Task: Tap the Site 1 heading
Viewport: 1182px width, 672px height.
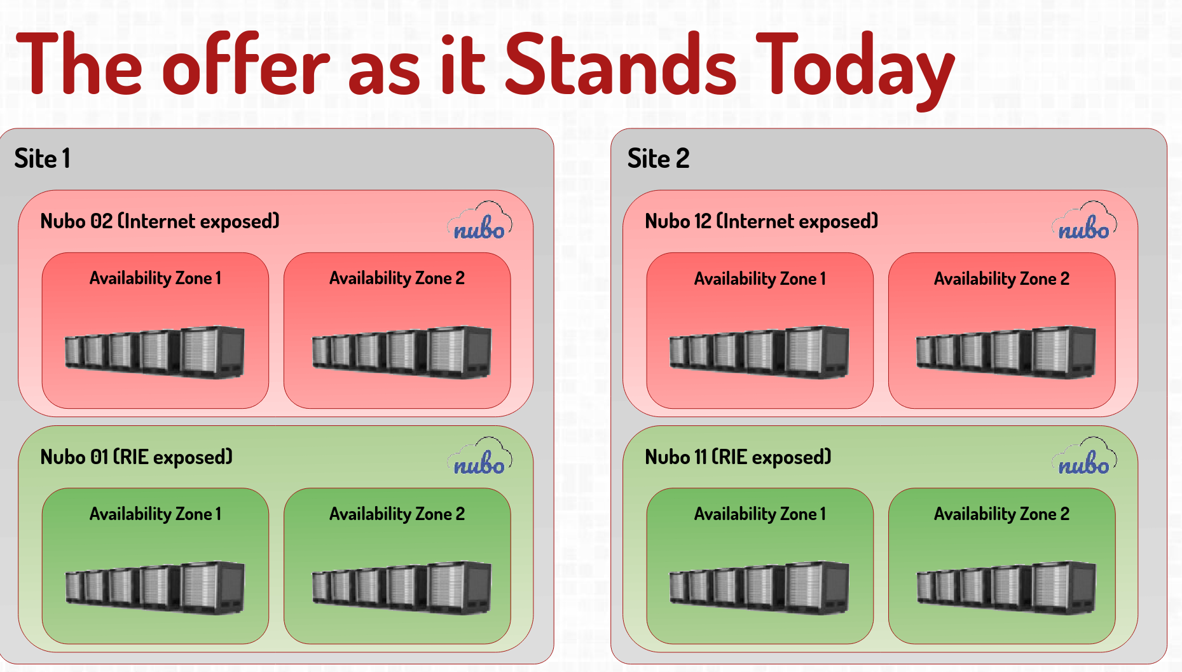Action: [x=42, y=158]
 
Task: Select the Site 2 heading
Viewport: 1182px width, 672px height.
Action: [x=658, y=158]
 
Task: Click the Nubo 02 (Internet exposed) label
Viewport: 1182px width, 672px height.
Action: [x=160, y=221]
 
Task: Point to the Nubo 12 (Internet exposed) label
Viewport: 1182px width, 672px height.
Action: [x=761, y=221]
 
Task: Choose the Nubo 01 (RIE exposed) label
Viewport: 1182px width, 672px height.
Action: [x=136, y=457]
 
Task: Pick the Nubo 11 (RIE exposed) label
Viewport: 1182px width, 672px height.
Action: [x=738, y=457]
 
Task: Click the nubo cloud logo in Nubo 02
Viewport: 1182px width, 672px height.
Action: [x=480, y=221]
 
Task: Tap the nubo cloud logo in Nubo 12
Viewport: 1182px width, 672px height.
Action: [x=1085, y=221]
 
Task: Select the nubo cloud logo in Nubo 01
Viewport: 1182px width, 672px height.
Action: [x=480, y=456]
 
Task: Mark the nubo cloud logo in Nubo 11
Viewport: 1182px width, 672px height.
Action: [x=1085, y=456]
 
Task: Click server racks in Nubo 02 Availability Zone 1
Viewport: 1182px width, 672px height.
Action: [x=155, y=352]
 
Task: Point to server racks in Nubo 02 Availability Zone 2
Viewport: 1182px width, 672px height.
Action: [x=401, y=352]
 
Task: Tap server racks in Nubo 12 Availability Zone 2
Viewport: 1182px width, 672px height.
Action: [x=1006, y=352]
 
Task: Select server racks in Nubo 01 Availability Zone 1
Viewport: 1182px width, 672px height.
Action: [x=155, y=587]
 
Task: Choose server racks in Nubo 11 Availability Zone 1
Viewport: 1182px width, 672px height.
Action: [x=759, y=587]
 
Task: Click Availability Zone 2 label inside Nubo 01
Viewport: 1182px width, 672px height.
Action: [x=397, y=514]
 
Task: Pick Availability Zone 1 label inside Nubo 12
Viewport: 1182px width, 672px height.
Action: [x=760, y=279]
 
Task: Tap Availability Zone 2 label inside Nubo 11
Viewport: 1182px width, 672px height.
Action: [x=1001, y=514]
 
